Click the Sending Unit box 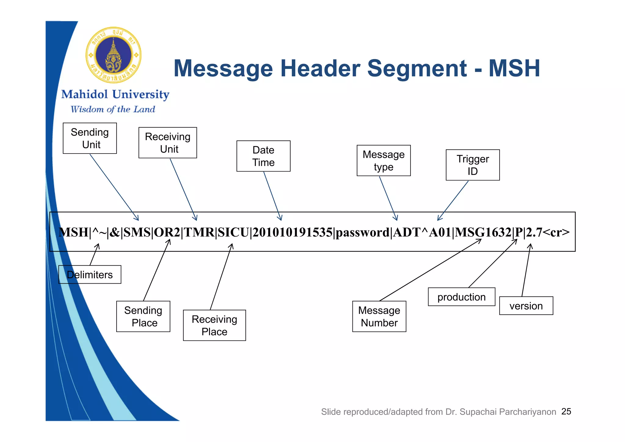pos(89,138)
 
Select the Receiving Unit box pos(168,143)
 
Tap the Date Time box pos(263,156)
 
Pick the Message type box pos(383,161)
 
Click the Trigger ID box pos(472,165)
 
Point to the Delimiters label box pos(90,274)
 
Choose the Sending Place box pos(143,316)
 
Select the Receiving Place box pos(214,325)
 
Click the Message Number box pos(379,316)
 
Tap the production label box pos(461,297)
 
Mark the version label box pos(526,306)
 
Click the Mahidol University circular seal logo pos(114,55)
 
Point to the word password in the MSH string pos(362,233)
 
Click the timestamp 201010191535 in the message pos(292,233)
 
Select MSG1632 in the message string pos(483,233)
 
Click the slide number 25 pos(566,411)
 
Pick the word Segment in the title pos(417,68)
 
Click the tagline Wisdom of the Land pos(113,109)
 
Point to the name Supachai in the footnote pos(478,412)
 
